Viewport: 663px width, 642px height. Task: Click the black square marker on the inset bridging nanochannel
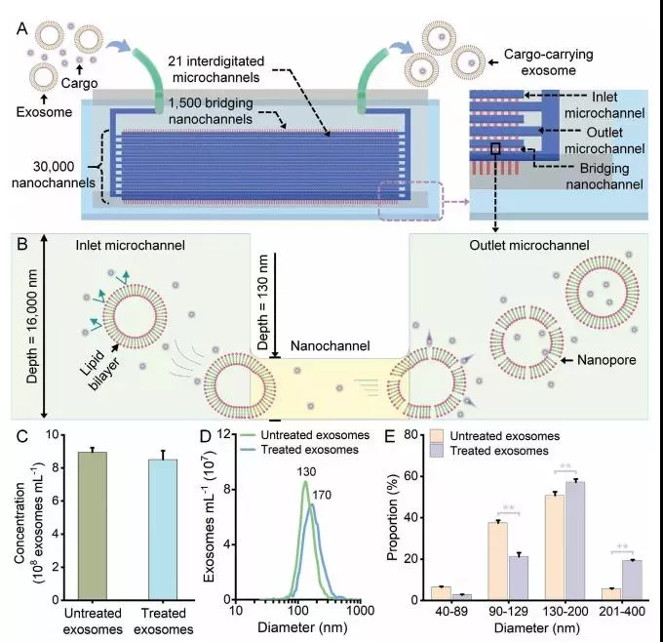(496, 148)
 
